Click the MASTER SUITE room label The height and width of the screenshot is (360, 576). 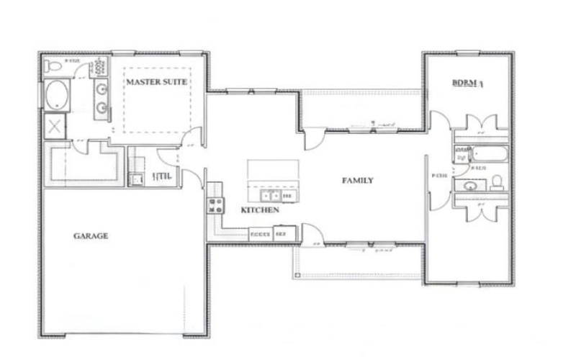pyautogui.click(x=157, y=82)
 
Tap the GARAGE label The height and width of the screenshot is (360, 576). pyautogui.click(x=91, y=235)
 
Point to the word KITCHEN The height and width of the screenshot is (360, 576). pyautogui.click(x=259, y=210)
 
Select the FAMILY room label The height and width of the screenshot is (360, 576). pyautogui.click(x=357, y=181)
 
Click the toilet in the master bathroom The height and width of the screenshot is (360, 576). pyautogui.click(x=52, y=67)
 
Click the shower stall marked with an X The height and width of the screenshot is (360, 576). pyautogui.click(x=55, y=127)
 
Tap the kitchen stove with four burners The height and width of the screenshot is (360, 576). pyautogui.click(x=215, y=205)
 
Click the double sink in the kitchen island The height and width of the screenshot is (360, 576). pyautogui.click(x=271, y=195)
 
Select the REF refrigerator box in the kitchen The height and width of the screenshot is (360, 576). pyautogui.click(x=280, y=234)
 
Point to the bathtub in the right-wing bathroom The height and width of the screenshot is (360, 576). pyautogui.click(x=490, y=154)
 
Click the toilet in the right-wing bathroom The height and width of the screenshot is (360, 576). pyautogui.click(x=496, y=183)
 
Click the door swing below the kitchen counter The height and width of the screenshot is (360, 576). pyautogui.click(x=310, y=235)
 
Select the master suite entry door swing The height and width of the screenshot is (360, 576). pyautogui.click(x=189, y=139)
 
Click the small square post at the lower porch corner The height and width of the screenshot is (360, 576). pyautogui.click(x=297, y=274)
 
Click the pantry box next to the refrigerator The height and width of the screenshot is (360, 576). pyautogui.click(x=259, y=234)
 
